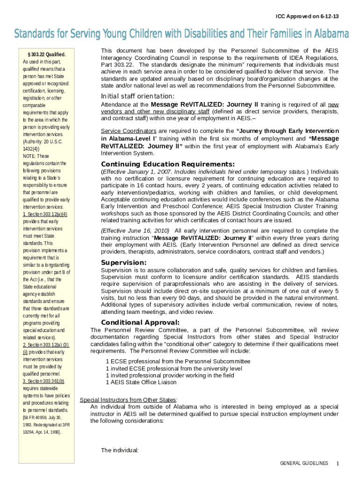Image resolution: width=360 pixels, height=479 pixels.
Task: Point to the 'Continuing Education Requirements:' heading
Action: [168, 164]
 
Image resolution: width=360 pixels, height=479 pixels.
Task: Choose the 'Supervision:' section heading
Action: [124, 262]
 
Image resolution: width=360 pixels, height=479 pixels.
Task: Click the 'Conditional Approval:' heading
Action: [140, 322]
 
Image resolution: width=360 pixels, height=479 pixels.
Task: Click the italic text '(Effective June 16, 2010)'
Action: [136, 231]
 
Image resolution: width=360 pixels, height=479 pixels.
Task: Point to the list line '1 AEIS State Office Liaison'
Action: [141, 382]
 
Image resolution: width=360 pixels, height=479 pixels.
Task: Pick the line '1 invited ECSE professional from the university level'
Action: [174, 368]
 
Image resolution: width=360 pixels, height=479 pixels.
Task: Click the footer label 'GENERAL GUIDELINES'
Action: [304, 463]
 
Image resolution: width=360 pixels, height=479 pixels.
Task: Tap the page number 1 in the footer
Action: [337, 463]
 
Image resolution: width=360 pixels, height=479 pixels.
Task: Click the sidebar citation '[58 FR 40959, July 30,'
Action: [42, 417]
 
